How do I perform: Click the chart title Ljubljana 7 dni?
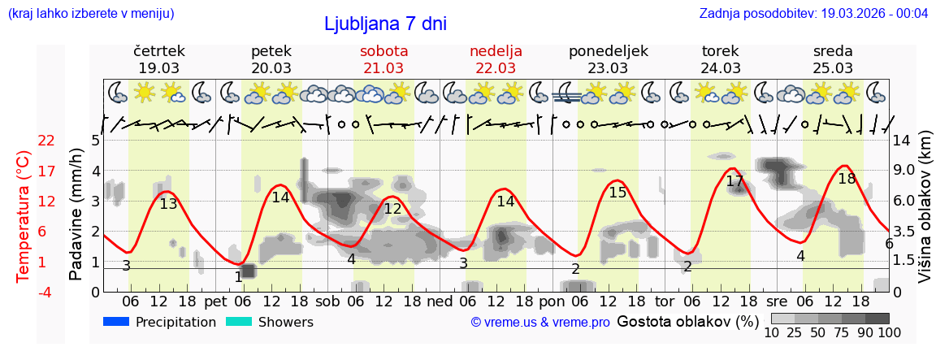(x=385, y=24)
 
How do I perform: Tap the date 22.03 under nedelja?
(x=496, y=68)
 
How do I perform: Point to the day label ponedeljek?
(x=608, y=51)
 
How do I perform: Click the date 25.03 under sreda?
(x=833, y=68)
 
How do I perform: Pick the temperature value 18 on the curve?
(x=847, y=179)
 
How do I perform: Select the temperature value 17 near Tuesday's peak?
(x=734, y=181)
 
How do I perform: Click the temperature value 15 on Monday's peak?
(x=617, y=193)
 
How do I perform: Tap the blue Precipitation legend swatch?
(x=116, y=322)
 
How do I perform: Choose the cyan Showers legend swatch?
(x=239, y=322)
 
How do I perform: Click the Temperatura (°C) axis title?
(x=23, y=215)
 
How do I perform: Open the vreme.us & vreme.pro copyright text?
(x=540, y=323)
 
